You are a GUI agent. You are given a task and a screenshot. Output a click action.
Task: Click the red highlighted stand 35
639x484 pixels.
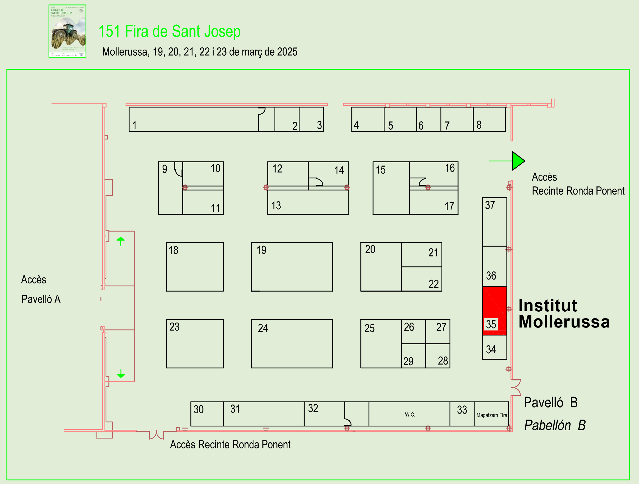pyautogui.click(x=494, y=311)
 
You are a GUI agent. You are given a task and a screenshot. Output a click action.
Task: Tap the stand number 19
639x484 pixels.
pyautogui.click(x=261, y=250)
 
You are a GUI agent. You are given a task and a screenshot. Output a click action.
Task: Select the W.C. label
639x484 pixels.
pyautogui.click(x=410, y=415)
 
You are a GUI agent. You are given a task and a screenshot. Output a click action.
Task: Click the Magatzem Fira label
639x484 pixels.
pyautogui.click(x=492, y=415)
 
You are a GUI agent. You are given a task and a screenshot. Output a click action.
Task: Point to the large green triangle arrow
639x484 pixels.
pyautogui.click(x=518, y=161)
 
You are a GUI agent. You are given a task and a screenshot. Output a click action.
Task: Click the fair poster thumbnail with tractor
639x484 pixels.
pyautogui.click(x=67, y=31)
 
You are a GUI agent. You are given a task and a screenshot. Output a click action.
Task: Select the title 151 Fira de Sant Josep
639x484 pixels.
pyautogui.click(x=169, y=31)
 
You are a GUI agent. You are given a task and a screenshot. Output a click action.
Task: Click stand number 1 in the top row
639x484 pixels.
pyautogui.click(x=134, y=125)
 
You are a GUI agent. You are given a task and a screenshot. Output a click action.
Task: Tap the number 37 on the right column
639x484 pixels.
pyautogui.click(x=490, y=205)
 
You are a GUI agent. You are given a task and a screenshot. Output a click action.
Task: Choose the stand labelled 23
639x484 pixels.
pyautogui.click(x=174, y=327)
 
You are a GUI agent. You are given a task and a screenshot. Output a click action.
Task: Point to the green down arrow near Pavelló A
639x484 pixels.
pyautogui.click(x=121, y=374)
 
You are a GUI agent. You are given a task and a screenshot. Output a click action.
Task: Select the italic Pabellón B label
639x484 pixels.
pyautogui.click(x=555, y=425)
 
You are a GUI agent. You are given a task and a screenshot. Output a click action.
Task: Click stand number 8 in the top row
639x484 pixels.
pyautogui.click(x=479, y=125)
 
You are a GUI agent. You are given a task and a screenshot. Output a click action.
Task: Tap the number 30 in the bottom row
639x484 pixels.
pyautogui.click(x=199, y=409)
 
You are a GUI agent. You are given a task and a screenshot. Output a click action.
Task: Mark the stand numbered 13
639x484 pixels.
pyautogui.click(x=276, y=206)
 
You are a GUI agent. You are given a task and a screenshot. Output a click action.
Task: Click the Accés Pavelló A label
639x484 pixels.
pyautogui.click(x=40, y=289)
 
